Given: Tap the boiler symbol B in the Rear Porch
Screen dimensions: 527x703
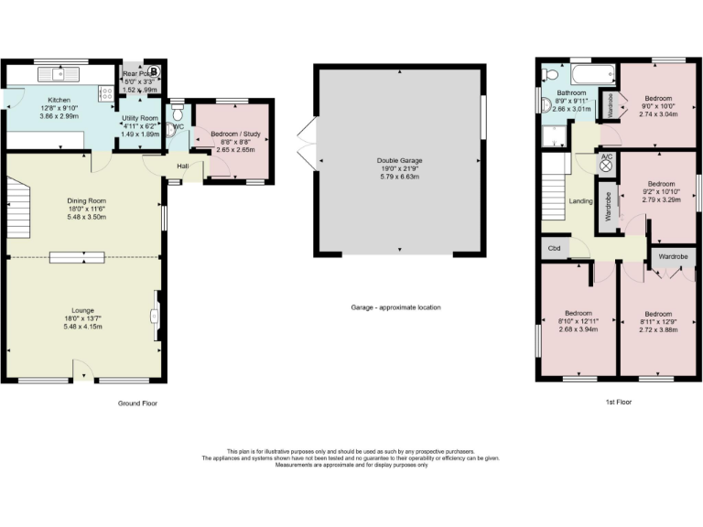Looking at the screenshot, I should pyautogui.click(x=154, y=71).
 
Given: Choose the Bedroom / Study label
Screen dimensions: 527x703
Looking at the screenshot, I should pyautogui.click(x=235, y=135).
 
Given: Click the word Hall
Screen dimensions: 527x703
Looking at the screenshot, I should pyautogui.click(x=183, y=165).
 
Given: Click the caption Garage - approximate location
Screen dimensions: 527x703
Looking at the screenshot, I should pyautogui.click(x=396, y=307).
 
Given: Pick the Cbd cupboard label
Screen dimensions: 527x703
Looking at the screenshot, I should pyautogui.click(x=553, y=248).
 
